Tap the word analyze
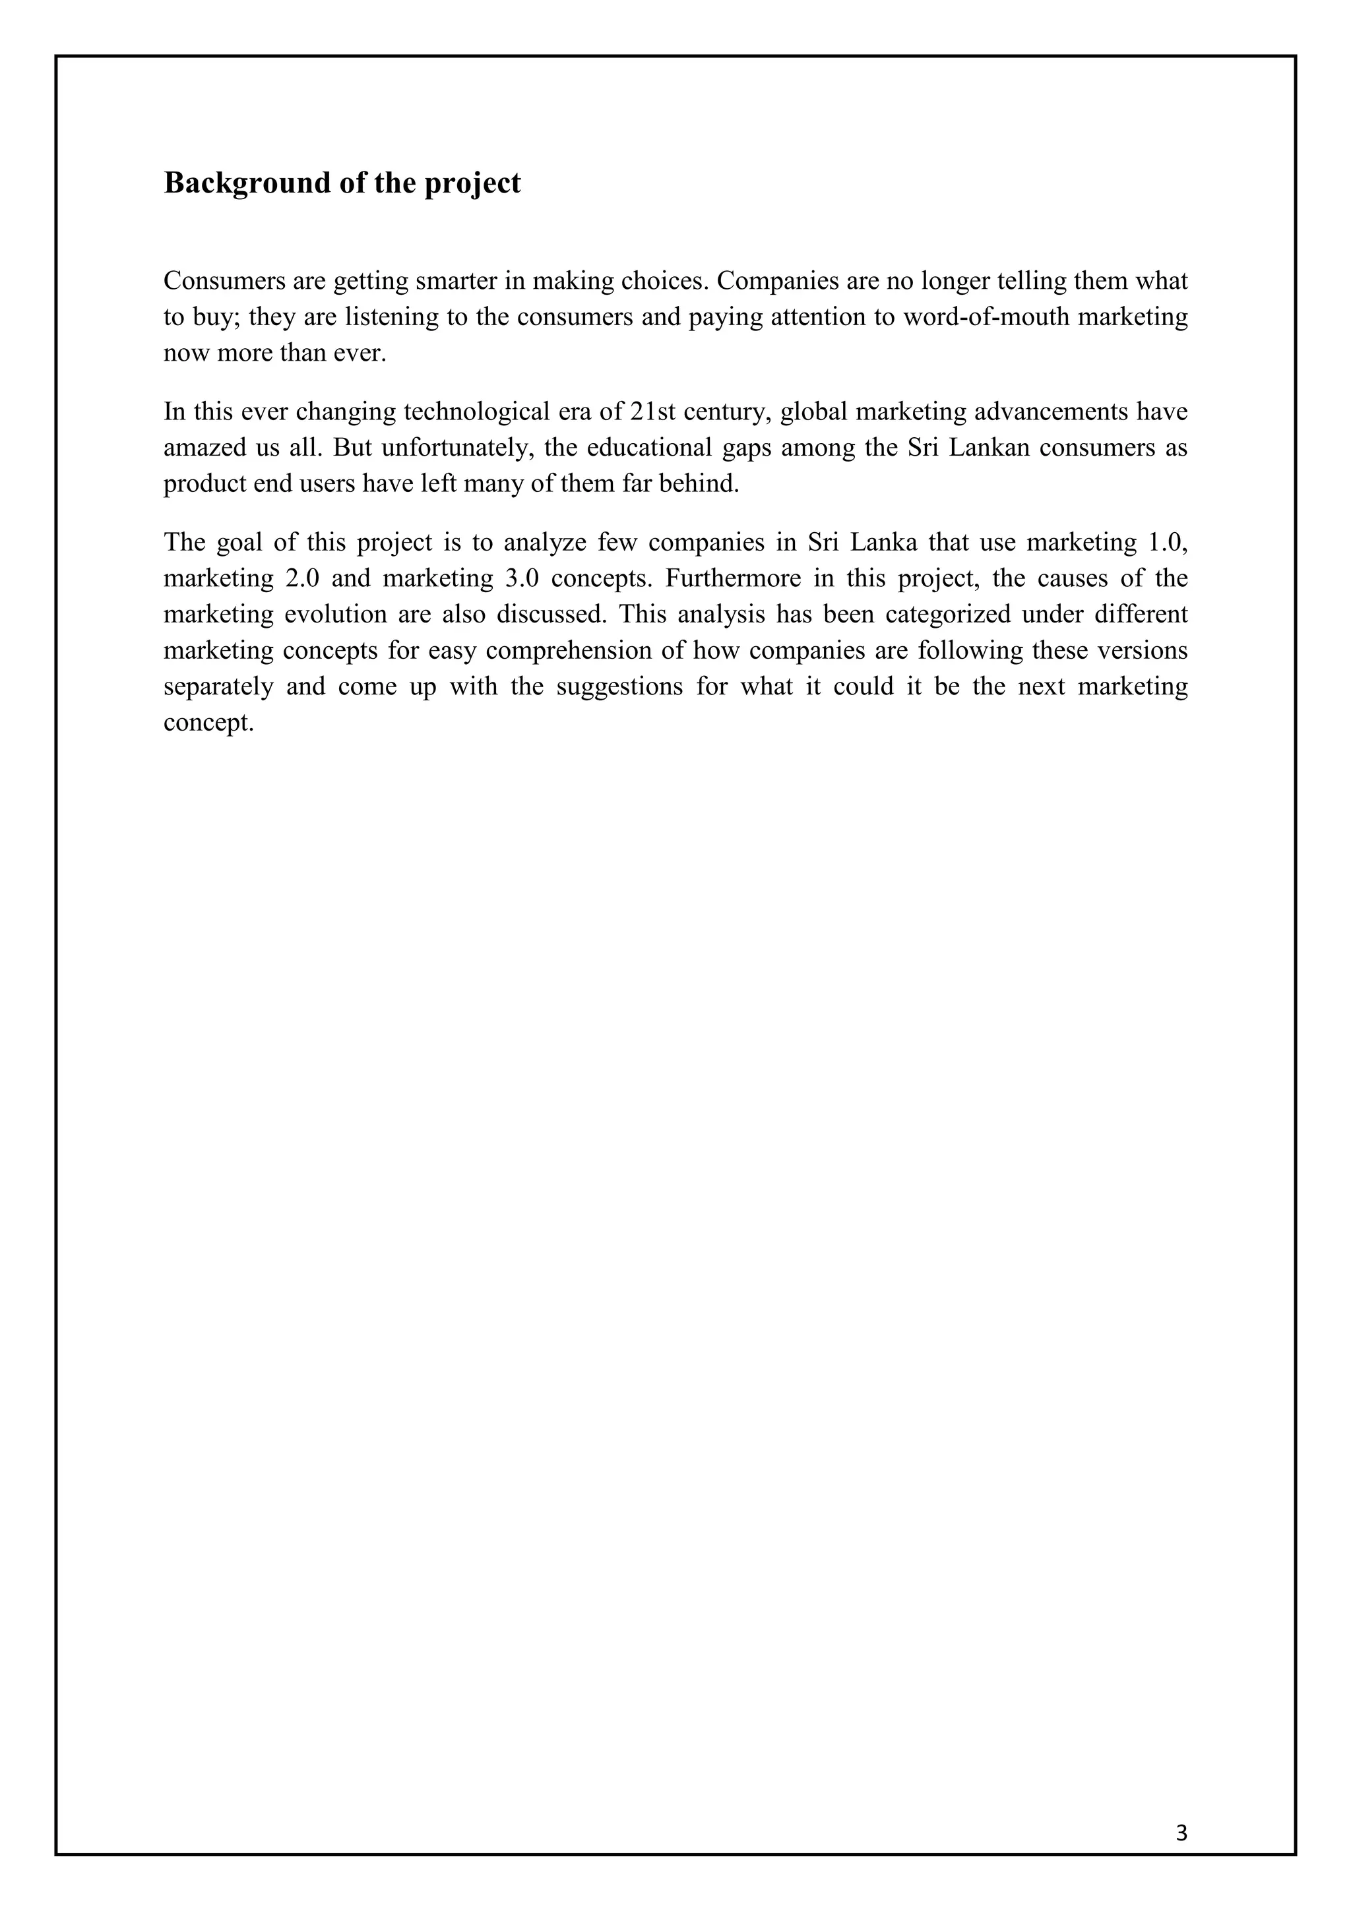tap(544, 543)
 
